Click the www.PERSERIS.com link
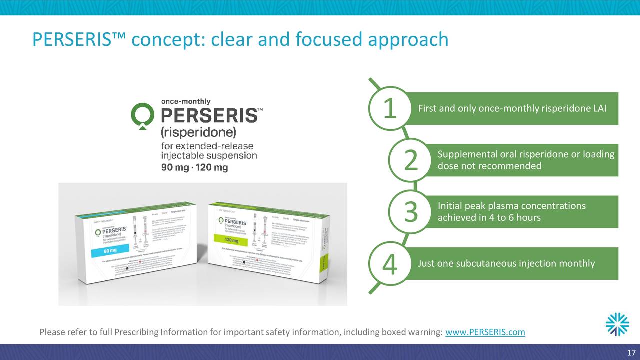tap(485, 333)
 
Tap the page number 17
tap(630, 351)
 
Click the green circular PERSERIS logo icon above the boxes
tap(143, 115)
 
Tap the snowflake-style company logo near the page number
tap(617, 324)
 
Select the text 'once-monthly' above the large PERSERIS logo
tap(186, 101)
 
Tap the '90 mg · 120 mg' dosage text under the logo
tap(194, 167)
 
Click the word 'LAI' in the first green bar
tap(599, 109)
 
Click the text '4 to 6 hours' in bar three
tap(514, 218)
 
